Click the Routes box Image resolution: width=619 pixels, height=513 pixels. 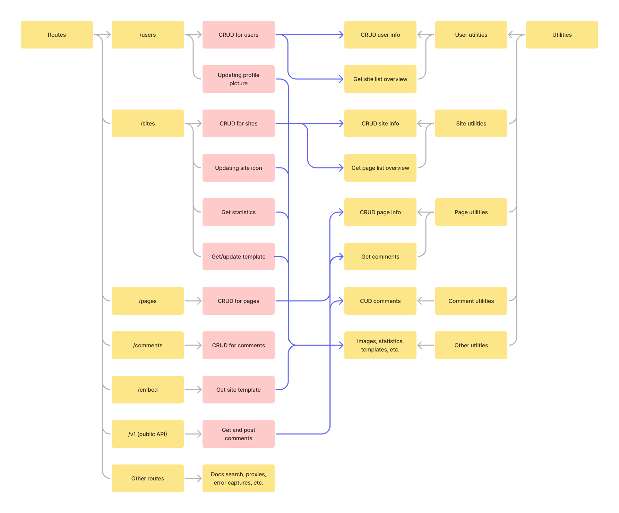(x=57, y=35)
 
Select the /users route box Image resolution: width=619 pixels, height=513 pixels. (x=147, y=35)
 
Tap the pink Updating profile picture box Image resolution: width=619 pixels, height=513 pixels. (x=238, y=79)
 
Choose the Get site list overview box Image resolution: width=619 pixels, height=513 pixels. (x=380, y=79)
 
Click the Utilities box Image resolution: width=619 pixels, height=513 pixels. (x=562, y=35)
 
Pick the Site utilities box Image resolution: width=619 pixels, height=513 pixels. (x=471, y=123)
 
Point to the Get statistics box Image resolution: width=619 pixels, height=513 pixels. (x=238, y=212)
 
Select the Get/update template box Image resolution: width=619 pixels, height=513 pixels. (x=238, y=256)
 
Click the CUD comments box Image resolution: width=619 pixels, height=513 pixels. (x=380, y=301)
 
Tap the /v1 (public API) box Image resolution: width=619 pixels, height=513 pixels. (x=147, y=434)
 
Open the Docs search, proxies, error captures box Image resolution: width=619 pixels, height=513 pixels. (x=238, y=478)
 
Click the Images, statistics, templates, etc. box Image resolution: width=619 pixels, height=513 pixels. (x=380, y=345)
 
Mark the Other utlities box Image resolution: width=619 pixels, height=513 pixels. (x=471, y=345)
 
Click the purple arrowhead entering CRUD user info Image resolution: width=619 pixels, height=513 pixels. (x=341, y=35)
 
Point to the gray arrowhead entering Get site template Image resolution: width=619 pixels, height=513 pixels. (x=199, y=390)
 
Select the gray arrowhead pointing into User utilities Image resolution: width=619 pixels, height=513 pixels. (x=511, y=35)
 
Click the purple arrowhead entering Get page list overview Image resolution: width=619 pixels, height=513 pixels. (x=341, y=168)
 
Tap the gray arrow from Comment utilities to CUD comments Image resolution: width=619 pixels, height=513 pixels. (x=425, y=301)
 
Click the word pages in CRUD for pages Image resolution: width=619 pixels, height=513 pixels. (x=251, y=301)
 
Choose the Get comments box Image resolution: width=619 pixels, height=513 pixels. (x=380, y=256)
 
